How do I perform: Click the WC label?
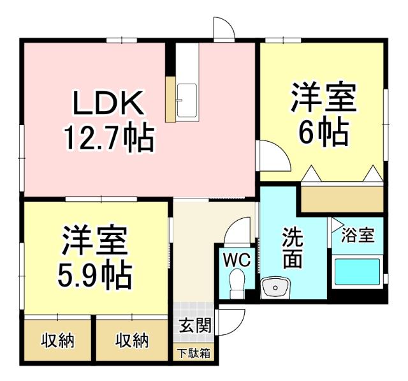pyautogui.click(x=237, y=260)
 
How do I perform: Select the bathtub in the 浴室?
pyautogui.click(x=357, y=272)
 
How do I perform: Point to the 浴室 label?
pyautogui.click(x=357, y=235)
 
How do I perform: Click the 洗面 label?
pyautogui.click(x=293, y=248)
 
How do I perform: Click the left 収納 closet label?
pyautogui.click(x=58, y=340)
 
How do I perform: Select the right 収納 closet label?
pyautogui.click(x=132, y=340)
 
